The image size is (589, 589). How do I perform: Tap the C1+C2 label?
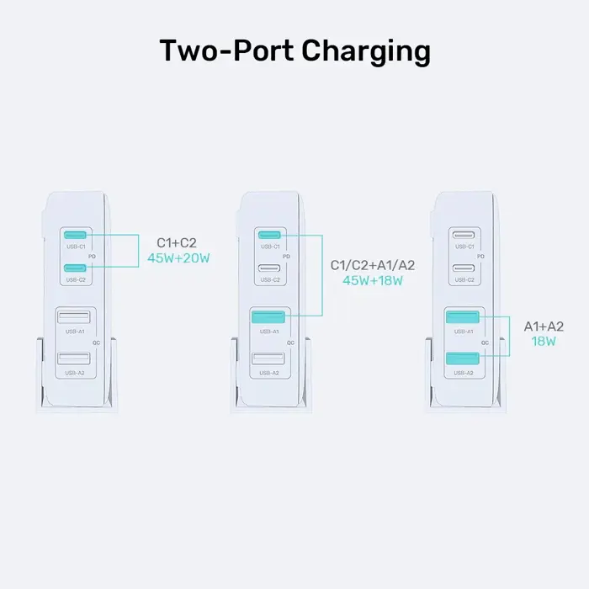(177, 242)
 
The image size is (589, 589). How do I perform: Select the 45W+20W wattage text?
(178, 258)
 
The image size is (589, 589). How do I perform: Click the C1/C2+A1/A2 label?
(372, 265)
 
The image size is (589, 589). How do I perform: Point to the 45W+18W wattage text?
(372, 281)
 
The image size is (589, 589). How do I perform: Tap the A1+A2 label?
(544, 326)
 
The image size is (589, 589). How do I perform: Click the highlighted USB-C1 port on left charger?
(76, 235)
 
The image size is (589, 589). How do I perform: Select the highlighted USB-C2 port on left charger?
(76, 268)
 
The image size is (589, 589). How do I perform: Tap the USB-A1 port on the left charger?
(75, 319)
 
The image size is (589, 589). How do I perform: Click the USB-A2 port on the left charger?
(75, 359)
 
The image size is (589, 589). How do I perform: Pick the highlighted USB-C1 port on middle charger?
(270, 235)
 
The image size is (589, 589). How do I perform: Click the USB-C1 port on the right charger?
(464, 235)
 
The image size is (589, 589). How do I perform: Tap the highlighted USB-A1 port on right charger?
(463, 318)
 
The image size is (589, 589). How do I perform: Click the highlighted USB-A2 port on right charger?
(463, 358)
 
